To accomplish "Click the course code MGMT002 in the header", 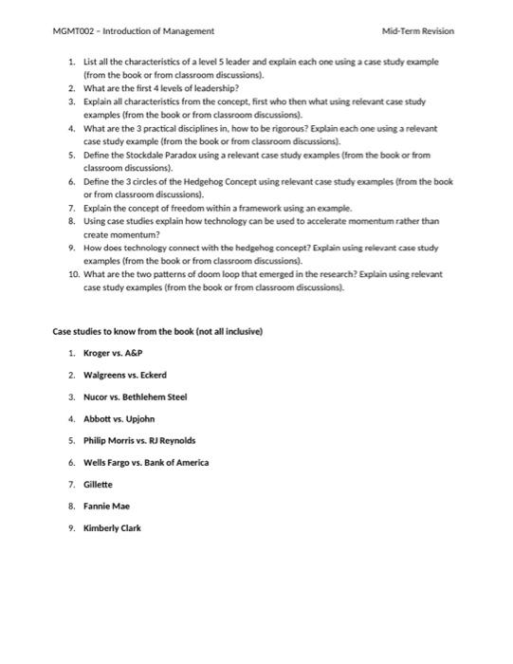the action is (x=74, y=31).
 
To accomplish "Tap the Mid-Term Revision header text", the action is (x=417, y=31).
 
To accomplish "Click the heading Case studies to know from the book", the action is (x=156, y=331).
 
